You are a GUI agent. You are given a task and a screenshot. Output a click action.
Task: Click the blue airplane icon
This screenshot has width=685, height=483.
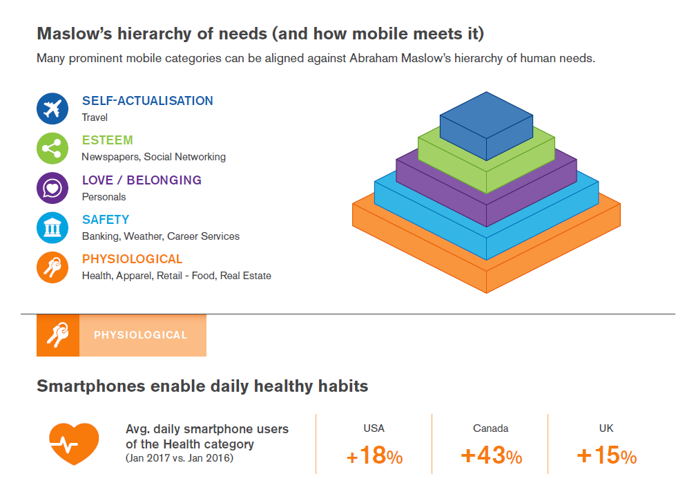click(x=52, y=108)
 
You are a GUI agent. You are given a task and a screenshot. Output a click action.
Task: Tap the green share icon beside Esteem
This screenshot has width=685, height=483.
click(x=52, y=148)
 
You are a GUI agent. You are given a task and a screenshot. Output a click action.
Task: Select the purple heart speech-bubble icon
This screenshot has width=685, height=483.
click(x=52, y=188)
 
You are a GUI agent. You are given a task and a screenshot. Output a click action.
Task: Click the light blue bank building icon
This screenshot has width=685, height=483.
click(x=52, y=227)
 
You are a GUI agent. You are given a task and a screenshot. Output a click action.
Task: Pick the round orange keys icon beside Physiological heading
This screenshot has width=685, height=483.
click(x=52, y=267)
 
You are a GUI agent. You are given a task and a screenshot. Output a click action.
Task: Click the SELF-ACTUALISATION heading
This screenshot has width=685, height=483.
click(x=147, y=101)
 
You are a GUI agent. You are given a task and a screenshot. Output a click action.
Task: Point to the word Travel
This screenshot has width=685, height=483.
click(x=95, y=117)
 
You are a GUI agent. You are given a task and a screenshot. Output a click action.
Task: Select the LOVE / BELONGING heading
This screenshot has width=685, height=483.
click(x=142, y=180)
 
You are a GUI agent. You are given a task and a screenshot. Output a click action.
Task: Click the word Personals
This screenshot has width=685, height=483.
click(x=104, y=197)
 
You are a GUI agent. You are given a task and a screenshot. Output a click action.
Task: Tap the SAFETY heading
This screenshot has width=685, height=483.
click(x=105, y=220)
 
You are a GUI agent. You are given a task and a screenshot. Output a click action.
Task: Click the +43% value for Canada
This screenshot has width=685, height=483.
click(x=491, y=456)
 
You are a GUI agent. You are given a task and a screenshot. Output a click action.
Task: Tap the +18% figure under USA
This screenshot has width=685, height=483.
click(x=374, y=457)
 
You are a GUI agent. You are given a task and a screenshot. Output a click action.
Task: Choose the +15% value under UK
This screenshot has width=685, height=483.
click(x=606, y=456)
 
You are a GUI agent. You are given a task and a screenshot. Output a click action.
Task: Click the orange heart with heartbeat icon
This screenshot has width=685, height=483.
click(x=74, y=443)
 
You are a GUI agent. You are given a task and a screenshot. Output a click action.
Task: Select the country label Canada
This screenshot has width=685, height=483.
click(x=490, y=428)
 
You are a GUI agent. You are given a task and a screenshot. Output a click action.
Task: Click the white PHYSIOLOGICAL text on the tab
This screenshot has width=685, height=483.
click(x=140, y=335)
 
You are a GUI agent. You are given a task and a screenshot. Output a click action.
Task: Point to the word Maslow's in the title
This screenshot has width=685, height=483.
click(x=73, y=33)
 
